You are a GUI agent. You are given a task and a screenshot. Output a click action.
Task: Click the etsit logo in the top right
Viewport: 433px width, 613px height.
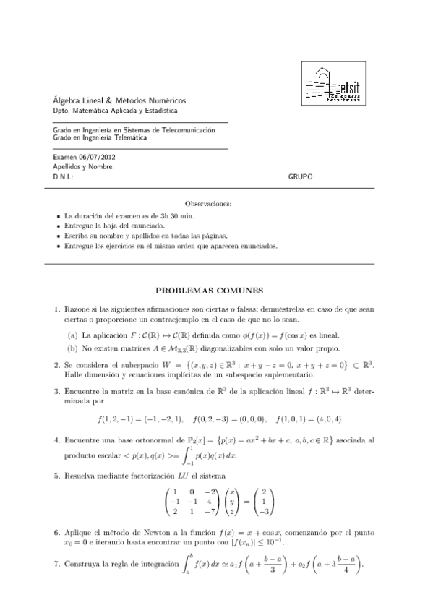tap(334, 84)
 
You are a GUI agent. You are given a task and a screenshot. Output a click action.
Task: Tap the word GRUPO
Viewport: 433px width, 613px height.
tap(301, 176)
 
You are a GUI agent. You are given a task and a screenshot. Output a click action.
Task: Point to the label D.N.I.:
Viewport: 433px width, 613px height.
tap(64, 176)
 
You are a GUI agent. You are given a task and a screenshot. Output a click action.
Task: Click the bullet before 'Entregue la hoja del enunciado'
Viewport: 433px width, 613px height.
tap(58, 226)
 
